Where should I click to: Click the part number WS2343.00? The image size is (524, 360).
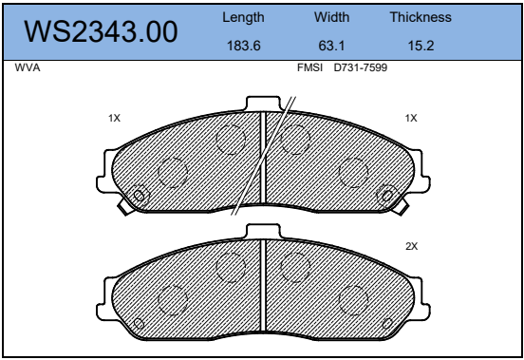point(101,31)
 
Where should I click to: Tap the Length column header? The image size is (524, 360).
point(243,18)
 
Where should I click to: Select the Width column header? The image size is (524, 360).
point(331,17)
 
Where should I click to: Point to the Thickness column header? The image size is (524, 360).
point(421,17)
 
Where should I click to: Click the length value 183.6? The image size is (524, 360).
point(244,46)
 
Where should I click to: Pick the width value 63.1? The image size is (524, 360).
point(331,46)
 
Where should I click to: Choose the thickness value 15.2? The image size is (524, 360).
point(421,46)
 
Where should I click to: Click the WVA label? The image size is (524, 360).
point(28,67)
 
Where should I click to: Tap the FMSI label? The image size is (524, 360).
point(309,67)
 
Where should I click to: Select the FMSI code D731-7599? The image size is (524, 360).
point(361,67)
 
